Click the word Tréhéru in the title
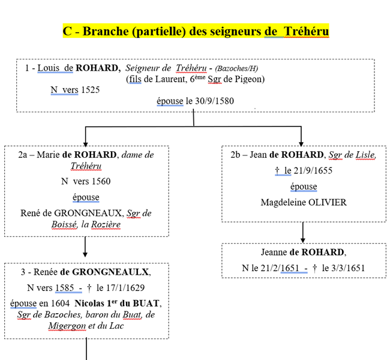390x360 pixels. (305, 31)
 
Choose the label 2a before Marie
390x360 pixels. (24, 155)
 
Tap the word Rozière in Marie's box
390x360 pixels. (105, 225)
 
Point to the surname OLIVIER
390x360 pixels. (327, 202)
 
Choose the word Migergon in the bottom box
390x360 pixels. (67, 326)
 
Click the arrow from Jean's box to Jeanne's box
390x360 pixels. (303, 232)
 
